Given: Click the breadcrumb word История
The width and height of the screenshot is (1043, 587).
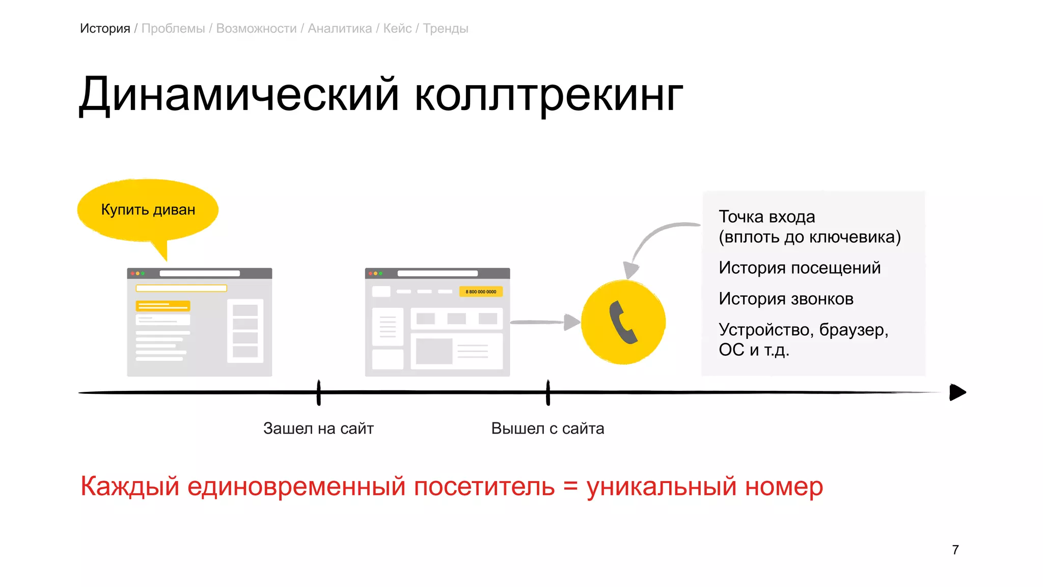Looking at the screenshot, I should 105,29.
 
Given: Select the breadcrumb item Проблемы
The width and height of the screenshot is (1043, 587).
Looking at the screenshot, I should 173,29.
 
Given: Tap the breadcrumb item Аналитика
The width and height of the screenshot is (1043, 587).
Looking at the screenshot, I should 340,29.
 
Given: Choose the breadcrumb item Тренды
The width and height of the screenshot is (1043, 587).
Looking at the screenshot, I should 446,29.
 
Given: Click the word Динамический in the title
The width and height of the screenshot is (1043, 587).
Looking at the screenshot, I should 239,95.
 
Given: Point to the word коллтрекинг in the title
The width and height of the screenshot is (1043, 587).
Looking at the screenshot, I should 548,95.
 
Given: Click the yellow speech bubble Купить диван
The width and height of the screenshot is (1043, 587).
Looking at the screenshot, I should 148,210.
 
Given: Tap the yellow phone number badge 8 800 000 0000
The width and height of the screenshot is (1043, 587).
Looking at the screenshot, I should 481,291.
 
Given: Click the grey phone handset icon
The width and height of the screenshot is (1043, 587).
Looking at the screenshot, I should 623,322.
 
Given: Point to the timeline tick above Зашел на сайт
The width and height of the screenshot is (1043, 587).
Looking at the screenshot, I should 319,392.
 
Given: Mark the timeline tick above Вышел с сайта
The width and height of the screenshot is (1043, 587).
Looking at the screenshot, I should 548,392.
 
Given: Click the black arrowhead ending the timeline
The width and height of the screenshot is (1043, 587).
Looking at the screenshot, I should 957,392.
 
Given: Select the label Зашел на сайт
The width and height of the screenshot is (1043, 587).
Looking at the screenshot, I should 318,429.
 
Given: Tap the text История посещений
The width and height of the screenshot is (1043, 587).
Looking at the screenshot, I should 800,268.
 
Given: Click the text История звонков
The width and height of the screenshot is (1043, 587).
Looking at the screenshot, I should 786,299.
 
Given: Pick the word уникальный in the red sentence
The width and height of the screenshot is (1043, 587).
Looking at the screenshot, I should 662,486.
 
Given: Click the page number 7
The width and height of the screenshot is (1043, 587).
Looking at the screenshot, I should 955,550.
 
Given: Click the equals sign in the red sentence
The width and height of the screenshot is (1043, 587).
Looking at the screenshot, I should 570,486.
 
